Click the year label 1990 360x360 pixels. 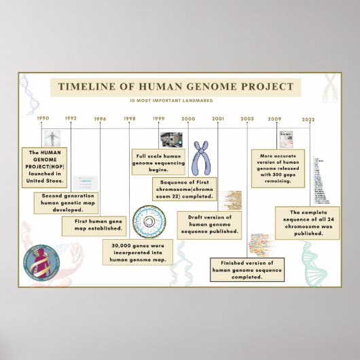point(43,118)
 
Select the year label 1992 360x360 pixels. point(71,118)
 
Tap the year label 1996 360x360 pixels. point(101,119)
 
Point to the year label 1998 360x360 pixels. point(130,119)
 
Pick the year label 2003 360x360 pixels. point(247,119)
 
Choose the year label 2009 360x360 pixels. point(274,119)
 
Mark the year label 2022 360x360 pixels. point(309,119)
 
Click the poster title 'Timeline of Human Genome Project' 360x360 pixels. point(175,87)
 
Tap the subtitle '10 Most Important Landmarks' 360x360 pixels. point(175,101)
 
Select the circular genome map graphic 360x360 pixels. point(149,220)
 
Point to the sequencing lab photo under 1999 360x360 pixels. point(170,139)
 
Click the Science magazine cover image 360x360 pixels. point(286,140)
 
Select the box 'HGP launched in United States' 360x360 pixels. point(44,167)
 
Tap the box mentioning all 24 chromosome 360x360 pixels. point(307,223)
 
